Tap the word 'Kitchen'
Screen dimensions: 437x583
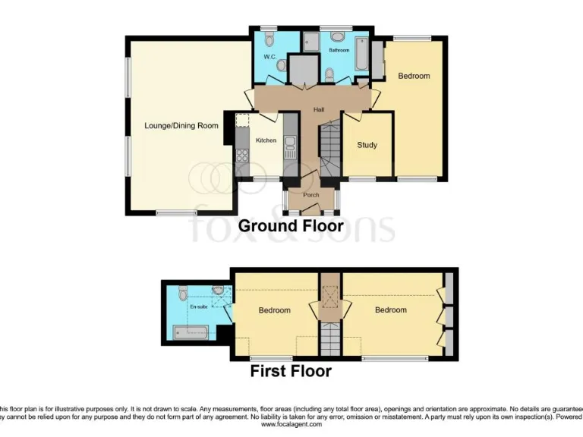(266, 140)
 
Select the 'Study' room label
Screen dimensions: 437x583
(367, 145)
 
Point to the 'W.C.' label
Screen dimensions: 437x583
(269, 57)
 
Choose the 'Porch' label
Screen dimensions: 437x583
(310, 195)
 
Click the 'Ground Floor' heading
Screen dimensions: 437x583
(291, 226)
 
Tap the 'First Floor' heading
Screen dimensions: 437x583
(291, 371)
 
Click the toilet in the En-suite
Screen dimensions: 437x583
(184, 291)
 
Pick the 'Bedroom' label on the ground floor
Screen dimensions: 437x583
(414, 76)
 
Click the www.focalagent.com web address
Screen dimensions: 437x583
(291, 425)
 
